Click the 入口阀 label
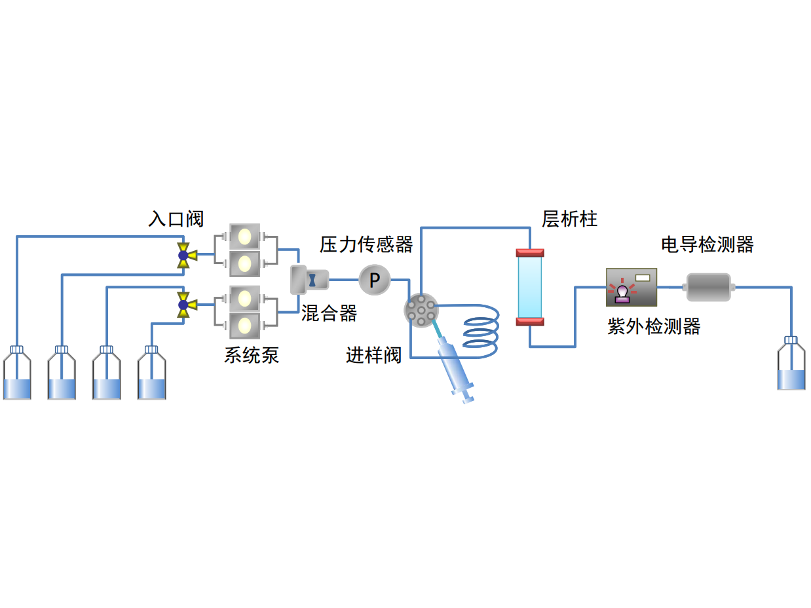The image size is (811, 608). (176, 219)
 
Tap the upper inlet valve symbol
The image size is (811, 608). (184, 255)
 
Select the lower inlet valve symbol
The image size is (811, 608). (184, 305)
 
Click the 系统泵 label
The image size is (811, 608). (252, 355)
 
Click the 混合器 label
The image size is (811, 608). (330, 314)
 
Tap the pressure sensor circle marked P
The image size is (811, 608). (375, 280)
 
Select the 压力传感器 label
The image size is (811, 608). (366, 244)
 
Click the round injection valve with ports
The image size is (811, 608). (421, 310)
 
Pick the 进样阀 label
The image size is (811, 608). (373, 355)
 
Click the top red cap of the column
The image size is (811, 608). (530, 252)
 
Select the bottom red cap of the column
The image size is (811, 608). (530, 321)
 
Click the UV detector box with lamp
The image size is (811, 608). (631, 287)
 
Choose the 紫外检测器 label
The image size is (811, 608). (654, 326)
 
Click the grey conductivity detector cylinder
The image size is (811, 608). (708, 287)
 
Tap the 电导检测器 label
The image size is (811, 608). (707, 245)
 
